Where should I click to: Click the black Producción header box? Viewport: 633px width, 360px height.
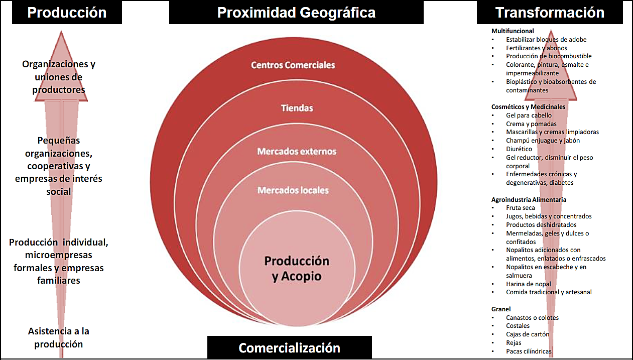tap(67, 13)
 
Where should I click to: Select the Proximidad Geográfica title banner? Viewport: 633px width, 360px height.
tap(296, 13)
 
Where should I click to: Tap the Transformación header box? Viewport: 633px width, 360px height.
tap(549, 13)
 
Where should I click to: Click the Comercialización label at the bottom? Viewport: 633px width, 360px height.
tap(290, 347)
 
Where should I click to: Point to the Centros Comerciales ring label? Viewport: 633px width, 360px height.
tap(293, 65)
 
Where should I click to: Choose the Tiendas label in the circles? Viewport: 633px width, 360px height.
tap(297, 108)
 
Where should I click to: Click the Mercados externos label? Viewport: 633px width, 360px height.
tap(297, 151)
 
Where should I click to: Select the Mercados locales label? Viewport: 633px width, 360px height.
tap(293, 190)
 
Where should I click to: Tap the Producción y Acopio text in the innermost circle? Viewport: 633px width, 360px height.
tap(297, 268)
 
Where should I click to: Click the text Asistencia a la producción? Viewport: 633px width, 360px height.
tap(59, 337)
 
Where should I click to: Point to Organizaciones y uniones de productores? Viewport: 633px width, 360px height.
tap(59, 77)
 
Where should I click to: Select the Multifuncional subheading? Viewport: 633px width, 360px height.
tap(513, 31)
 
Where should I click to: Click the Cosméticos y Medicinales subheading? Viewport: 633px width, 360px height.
tap(528, 107)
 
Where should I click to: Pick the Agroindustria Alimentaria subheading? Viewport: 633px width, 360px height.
tap(529, 199)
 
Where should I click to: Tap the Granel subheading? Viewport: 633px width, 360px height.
tap(501, 309)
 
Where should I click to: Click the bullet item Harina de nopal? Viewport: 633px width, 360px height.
tap(528, 284)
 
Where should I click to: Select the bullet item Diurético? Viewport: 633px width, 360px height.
tap(519, 149)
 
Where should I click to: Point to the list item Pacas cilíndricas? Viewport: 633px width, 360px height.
tap(529, 351)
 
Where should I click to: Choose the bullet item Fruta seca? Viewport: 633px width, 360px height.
tap(521, 208)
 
